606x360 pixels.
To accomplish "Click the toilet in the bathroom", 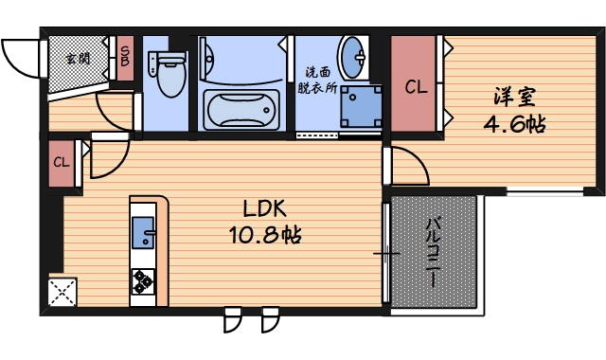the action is pyautogui.click(x=169, y=74).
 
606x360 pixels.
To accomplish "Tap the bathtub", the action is pyautogui.click(x=241, y=110).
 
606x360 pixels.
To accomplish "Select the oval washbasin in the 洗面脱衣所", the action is pyautogui.click(x=353, y=58).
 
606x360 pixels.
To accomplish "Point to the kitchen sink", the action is pyautogui.click(x=143, y=232).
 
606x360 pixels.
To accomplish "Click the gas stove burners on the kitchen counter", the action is pyautogui.click(x=143, y=281).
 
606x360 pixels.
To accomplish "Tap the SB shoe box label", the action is pyautogui.click(x=125, y=57).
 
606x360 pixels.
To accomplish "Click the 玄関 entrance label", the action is pyautogui.click(x=78, y=59).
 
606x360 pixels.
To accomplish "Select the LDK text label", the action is pyautogui.click(x=265, y=208).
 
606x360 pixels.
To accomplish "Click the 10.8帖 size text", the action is pyautogui.click(x=265, y=234).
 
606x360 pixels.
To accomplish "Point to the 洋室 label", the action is pyautogui.click(x=514, y=97).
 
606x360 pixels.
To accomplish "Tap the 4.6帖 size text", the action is pyautogui.click(x=514, y=124).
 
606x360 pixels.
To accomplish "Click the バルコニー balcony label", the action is pyautogui.click(x=434, y=253).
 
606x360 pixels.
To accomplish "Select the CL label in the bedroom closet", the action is pyautogui.click(x=416, y=87).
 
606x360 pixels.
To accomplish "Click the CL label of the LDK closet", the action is pyautogui.click(x=62, y=162).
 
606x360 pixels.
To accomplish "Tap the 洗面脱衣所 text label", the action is pyautogui.click(x=317, y=81).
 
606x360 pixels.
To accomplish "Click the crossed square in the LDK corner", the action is pyautogui.click(x=62, y=292).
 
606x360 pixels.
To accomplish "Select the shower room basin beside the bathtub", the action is pyautogui.click(x=206, y=59).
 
